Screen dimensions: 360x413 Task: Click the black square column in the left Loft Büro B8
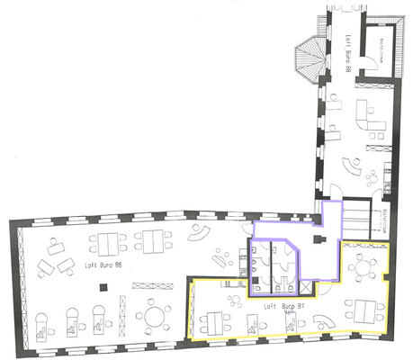[105, 287]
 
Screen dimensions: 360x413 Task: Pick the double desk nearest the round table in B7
[365, 310]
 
